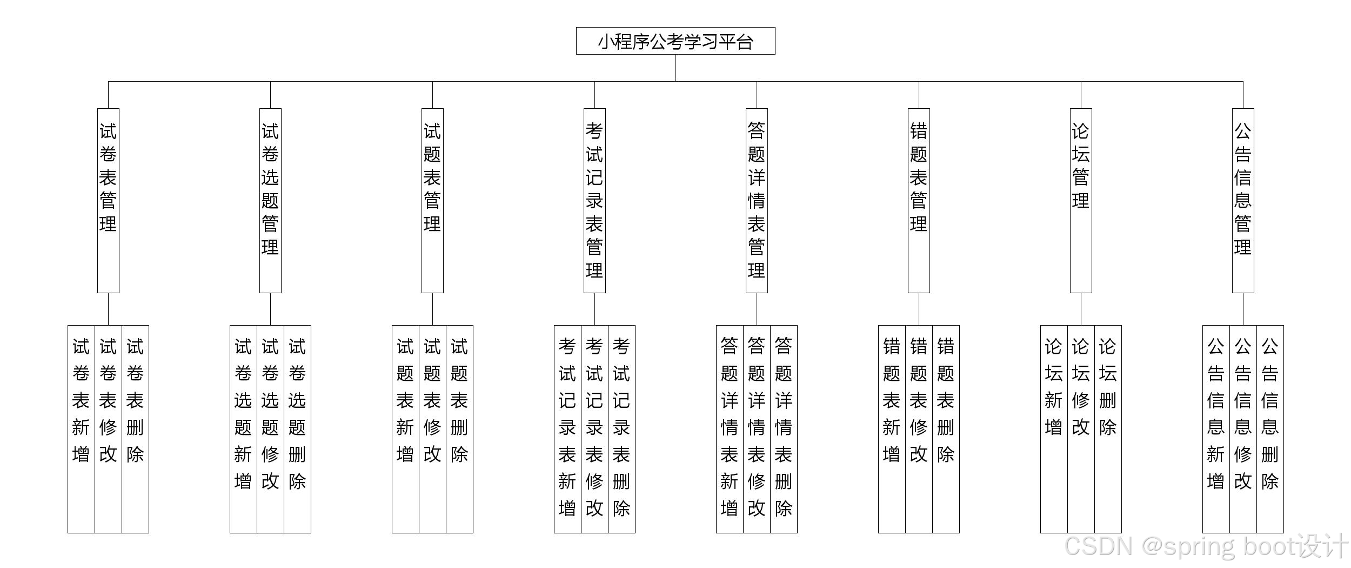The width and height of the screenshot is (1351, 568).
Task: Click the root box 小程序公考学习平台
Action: tap(675, 41)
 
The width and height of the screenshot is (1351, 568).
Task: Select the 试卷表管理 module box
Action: tap(108, 200)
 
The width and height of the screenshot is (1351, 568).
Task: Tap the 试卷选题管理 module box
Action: tap(270, 200)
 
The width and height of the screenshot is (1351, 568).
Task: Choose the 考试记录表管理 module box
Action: tap(594, 200)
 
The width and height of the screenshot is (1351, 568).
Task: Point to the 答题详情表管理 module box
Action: tap(757, 200)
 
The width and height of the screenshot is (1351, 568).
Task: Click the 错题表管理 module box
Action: tap(919, 200)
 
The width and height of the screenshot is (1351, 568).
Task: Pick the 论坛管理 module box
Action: tap(1081, 200)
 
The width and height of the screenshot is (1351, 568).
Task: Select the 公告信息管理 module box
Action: tap(1243, 200)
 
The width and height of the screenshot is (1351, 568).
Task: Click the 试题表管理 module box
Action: tap(432, 200)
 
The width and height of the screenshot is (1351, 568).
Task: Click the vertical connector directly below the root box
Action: tap(675, 68)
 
